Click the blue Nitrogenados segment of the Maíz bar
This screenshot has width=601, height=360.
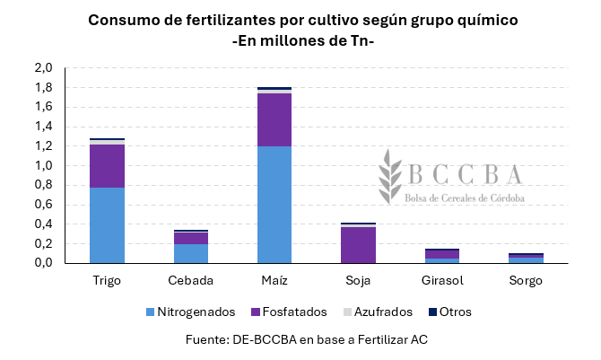pos(274,205)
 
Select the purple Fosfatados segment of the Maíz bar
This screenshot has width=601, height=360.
pos(274,119)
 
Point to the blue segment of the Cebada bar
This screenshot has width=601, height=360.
pos(191,254)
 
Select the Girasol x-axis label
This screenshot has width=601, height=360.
pos(441,281)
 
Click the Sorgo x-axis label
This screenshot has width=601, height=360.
pos(525,281)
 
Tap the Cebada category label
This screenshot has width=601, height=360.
pos(191,281)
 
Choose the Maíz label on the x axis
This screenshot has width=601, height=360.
pos(274,281)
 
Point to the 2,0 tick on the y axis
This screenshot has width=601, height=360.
pos(44,68)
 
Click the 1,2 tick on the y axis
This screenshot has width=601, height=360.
pos(44,146)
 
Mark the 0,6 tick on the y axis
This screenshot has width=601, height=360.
pos(44,205)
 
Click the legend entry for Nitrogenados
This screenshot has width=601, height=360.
pos(189,312)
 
